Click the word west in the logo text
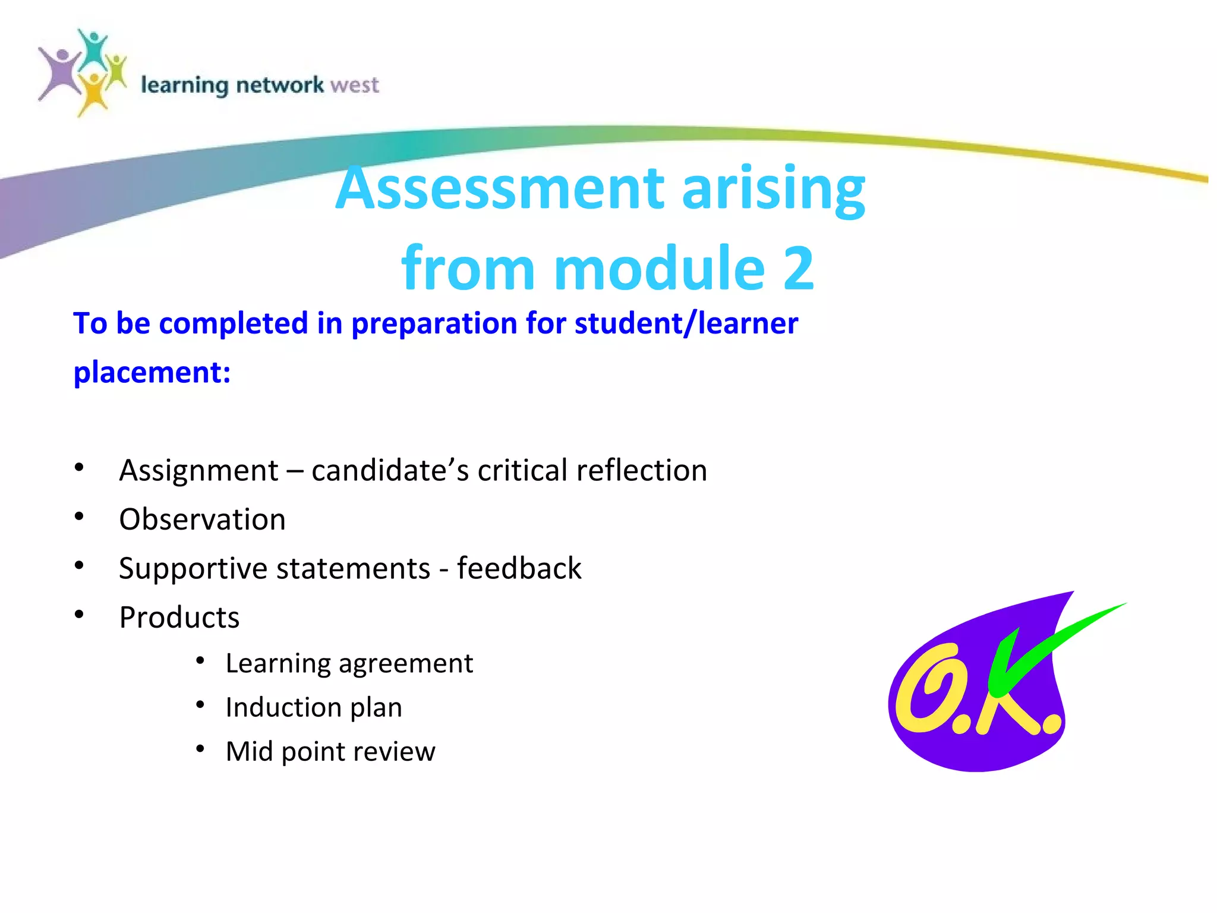click(x=355, y=86)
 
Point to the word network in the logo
click(x=280, y=86)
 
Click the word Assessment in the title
click(x=500, y=188)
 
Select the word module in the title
click(x=660, y=269)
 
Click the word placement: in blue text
click(x=152, y=373)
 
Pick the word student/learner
click(x=686, y=324)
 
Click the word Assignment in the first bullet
click(x=198, y=471)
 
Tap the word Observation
click(x=202, y=520)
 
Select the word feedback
click(x=519, y=568)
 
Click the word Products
click(x=179, y=618)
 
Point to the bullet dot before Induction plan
click(x=201, y=705)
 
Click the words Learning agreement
click(x=349, y=663)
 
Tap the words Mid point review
click(x=330, y=751)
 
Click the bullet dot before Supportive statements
click(x=79, y=565)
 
